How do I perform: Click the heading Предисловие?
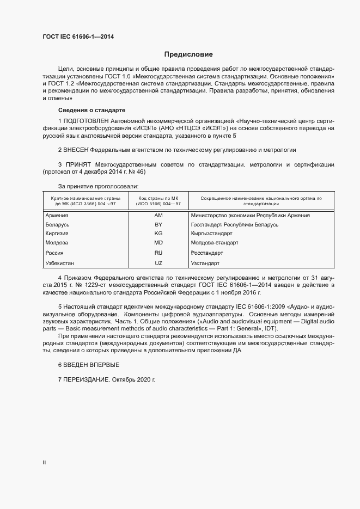[x=188, y=54]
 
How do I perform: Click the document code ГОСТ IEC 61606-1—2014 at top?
[x=78, y=37]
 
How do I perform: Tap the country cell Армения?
[x=57, y=216]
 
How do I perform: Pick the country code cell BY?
[x=158, y=225]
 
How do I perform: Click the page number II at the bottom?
[x=44, y=463]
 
